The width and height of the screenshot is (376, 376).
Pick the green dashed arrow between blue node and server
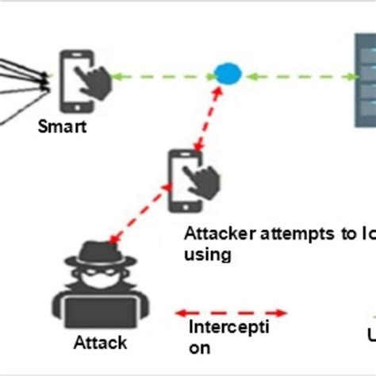[x=300, y=77]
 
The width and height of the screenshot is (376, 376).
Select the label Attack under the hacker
[x=100, y=343]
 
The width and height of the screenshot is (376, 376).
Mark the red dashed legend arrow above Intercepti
[x=231, y=312]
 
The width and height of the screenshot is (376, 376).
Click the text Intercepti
[x=228, y=328]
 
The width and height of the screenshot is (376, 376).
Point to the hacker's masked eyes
[x=94, y=269]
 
